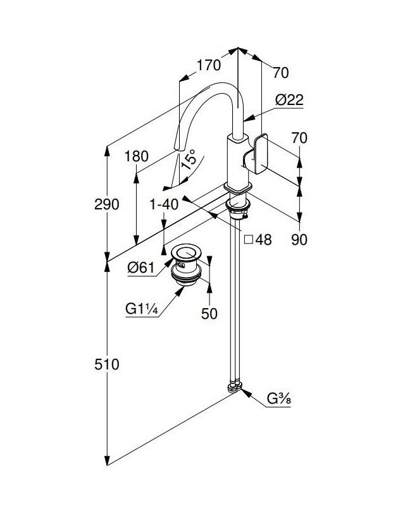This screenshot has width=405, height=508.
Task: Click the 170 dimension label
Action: [209, 65]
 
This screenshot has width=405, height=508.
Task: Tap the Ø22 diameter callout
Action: [289, 99]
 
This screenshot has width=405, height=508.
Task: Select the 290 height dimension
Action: [106, 204]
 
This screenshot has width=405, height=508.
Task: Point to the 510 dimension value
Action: [106, 364]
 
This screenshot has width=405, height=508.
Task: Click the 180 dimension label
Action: [137, 156]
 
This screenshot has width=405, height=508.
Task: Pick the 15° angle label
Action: [189, 159]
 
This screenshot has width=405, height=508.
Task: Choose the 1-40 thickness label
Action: [164, 204]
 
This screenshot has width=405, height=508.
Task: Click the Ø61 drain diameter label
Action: [140, 268]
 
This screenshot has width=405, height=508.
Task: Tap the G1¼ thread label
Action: [142, 309]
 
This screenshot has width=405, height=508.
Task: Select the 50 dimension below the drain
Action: [209, 313]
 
